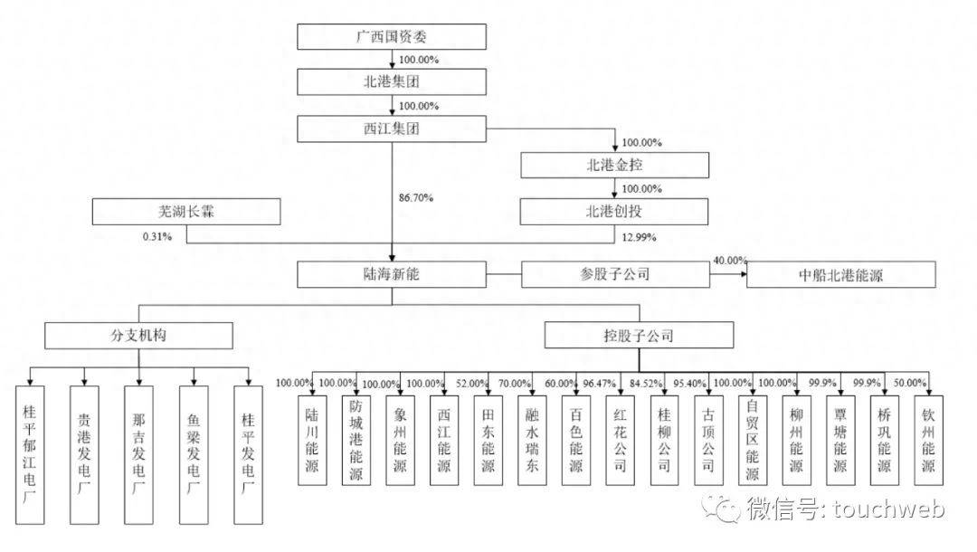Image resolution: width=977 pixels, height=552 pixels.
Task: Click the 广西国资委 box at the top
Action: pyautogui.click(x=392, y=37)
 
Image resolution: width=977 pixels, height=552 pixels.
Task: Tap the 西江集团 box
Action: pyautogui.click(x=392, y=128)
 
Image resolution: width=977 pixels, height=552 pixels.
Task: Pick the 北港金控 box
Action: pyautogui.click(x=614, y=165)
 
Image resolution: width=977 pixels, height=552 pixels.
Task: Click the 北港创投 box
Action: pyautogui.click(x=614, y=211)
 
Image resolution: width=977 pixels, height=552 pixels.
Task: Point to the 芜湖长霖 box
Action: pyautogui.click(x=185, y=212)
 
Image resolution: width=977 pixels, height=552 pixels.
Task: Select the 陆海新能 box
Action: pyautogui.click(x=392, y=274)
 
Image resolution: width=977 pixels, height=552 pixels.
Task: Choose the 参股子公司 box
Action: pyautogui.click(x=614, y=274)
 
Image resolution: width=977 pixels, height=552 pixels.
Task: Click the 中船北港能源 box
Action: pyautogui.click(x=839, y=274)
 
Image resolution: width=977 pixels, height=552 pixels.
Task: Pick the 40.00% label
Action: pyautogui.click(x=730, y=260)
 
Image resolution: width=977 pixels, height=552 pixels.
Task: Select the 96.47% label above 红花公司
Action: pyautogui.click(x=602, y=383)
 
